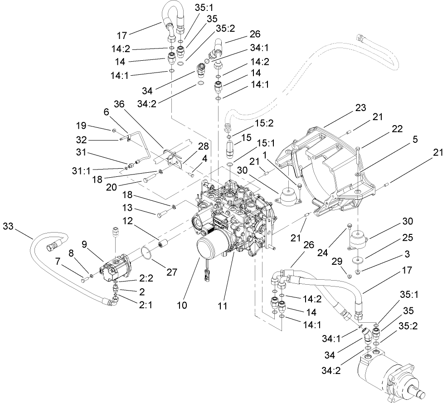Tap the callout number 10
(182, 306)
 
